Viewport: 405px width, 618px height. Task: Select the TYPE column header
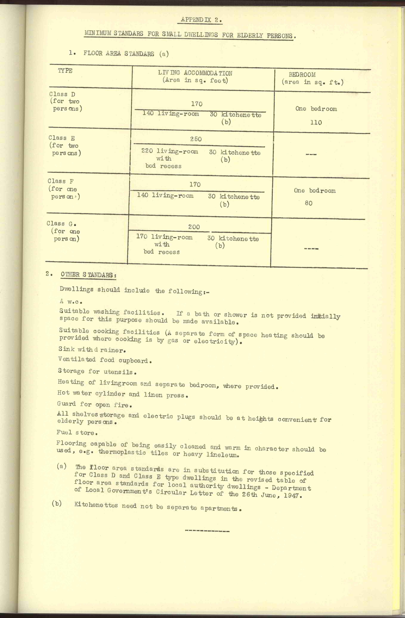coord(65,71)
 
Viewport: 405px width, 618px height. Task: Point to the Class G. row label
coord(61,224)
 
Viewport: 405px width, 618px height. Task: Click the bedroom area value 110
coord(316,123)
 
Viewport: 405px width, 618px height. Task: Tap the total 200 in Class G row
coord(194,227)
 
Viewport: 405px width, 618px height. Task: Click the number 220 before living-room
coord(147,151)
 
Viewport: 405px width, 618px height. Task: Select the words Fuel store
coord(77,433)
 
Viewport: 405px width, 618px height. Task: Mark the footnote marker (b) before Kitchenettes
coord(57,503)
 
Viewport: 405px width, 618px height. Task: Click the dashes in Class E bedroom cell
coord(311,154)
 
